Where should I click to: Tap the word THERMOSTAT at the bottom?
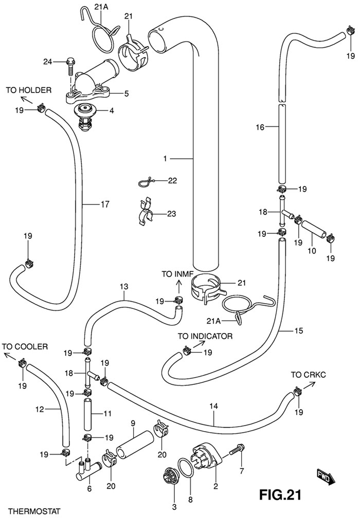coord(31,511)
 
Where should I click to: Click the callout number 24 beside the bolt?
coord(47,62)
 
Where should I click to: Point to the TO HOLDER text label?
coord(29,90)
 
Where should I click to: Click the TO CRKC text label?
coord(308,374)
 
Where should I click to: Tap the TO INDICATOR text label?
coord(205,337)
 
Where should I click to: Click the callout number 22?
coord(172,180)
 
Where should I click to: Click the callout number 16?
coord(259,127)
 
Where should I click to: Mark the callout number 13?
coord(123,286)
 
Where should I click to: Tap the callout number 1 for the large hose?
coord(165,159)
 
